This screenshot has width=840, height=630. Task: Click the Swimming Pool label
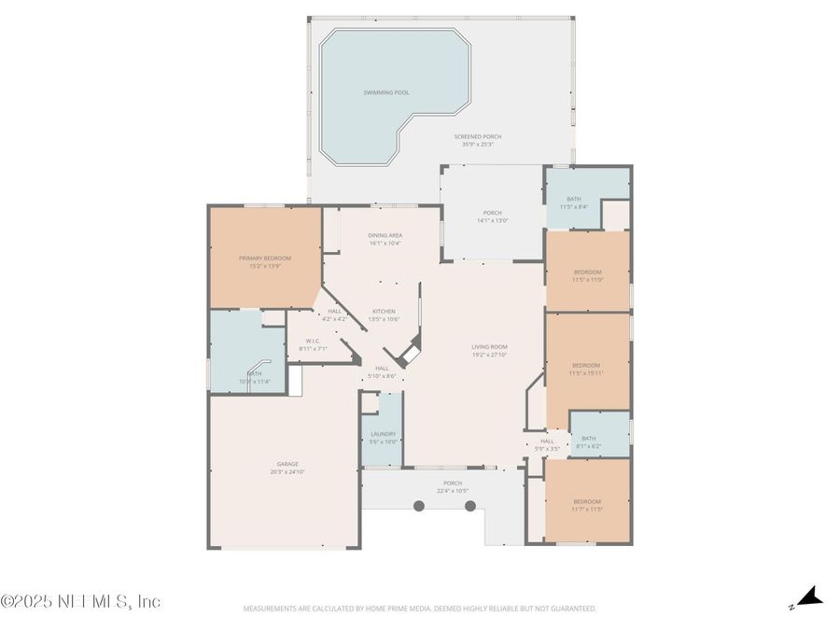coord(386,92)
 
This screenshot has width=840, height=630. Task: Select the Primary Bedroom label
coord(265,259)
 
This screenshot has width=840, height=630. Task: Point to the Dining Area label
coord(385,236)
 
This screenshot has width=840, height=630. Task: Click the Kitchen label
coord(384,311)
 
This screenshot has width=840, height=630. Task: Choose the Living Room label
coord(489,347)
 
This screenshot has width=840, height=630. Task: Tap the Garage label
coord(287,464)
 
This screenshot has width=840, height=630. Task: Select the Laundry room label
coord(384,434)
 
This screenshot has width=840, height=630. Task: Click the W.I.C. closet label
coord(313,341)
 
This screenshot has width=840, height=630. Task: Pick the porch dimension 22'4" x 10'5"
coord(453,490)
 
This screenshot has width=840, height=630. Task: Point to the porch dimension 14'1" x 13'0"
coord(492,220)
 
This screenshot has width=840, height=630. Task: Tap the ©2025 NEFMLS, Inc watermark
coord(81,601)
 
